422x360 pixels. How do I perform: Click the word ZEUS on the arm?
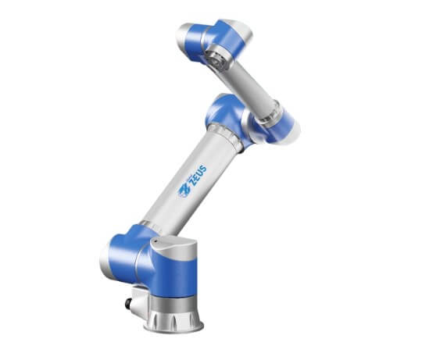pos(198,176)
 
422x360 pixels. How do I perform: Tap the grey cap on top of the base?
pos(174,248)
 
